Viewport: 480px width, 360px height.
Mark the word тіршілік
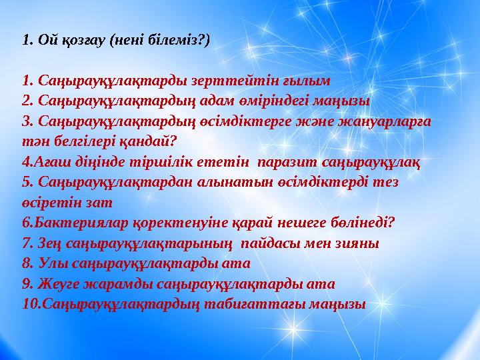point(177,161)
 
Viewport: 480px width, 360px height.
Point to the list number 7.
point(27,243)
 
